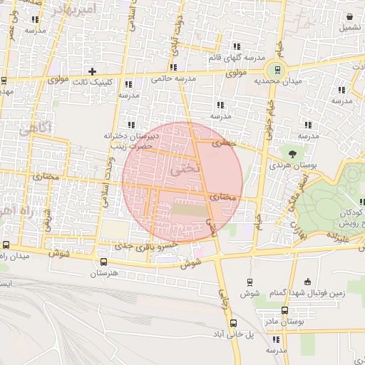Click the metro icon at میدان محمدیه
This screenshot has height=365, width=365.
[274, 70]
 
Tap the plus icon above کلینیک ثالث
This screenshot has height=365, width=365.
[91, 71]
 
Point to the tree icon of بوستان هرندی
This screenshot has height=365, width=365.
[292, 153]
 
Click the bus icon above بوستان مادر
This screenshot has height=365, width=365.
[285, 310]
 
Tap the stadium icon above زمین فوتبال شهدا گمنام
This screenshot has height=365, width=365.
[307, 282]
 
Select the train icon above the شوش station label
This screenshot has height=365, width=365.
[250, 282]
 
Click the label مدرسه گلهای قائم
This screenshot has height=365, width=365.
[237, 57]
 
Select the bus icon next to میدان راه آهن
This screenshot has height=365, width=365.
[5, 243]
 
